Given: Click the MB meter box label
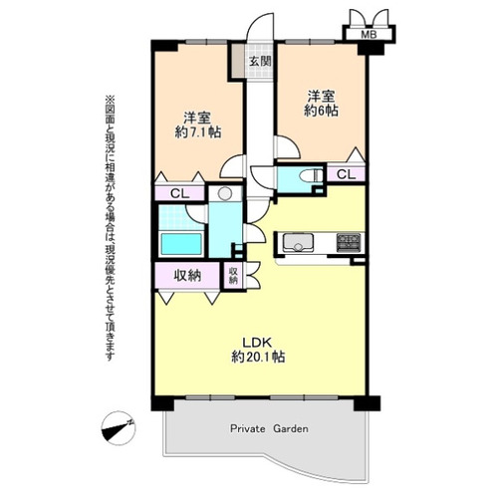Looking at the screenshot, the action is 369,34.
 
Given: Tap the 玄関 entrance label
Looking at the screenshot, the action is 261,61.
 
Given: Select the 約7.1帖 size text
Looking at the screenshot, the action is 198,132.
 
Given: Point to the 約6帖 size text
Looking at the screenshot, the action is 321,111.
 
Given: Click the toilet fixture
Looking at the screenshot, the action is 311,175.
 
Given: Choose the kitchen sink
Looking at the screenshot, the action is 298,242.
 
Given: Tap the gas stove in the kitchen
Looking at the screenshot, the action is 349,242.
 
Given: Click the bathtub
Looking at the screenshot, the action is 181,244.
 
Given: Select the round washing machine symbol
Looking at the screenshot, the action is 225,193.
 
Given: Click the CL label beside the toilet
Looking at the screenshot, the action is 347,174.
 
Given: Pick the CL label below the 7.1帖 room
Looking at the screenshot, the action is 179,193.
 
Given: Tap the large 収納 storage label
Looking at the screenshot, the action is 187,275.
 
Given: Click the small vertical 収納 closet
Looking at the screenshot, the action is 234,276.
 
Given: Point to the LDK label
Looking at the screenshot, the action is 257,342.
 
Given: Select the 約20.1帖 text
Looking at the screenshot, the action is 258,357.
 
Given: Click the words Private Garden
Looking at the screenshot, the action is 269,428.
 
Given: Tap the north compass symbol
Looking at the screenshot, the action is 119,428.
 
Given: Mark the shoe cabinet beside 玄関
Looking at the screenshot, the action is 238,61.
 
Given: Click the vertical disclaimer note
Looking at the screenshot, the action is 110,228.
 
